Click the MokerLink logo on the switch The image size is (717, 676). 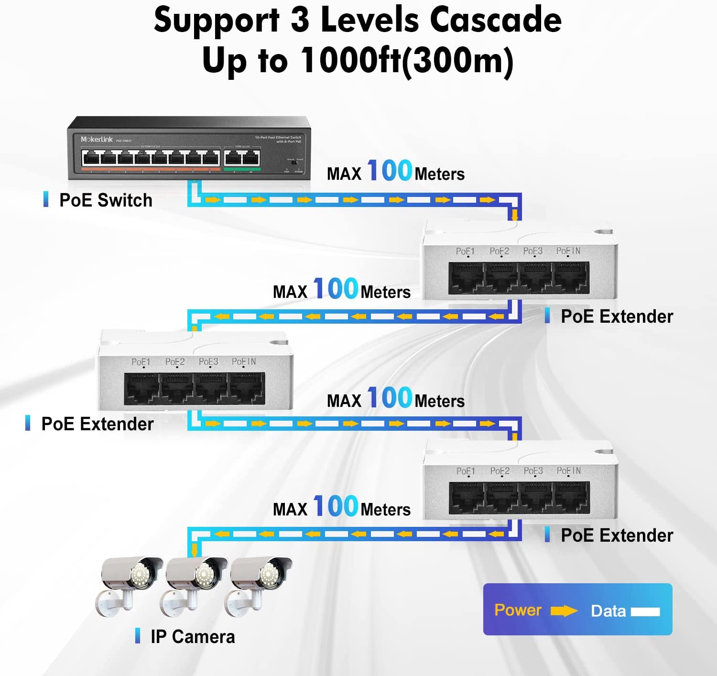click(x=96, y=139)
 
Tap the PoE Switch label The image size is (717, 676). click(x=106, y=200)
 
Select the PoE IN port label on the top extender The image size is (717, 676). click(x=568, y=251)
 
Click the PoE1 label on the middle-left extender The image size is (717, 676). click(x=141, y=362)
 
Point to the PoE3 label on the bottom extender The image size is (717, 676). click(x=533, y=471)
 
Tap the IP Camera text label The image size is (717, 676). click(x=193, y=637)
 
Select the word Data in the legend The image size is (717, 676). click(x=608, y=611)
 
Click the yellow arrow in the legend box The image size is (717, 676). click(x=564, y=611)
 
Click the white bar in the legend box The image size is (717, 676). click(x=645, y=611)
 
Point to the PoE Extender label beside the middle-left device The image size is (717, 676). click(x=98, y=424)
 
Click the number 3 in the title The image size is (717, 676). click(x=300, y=20)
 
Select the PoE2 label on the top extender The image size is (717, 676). click(x=499, y=251)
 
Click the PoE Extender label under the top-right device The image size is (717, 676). click(x=617, y=316)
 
